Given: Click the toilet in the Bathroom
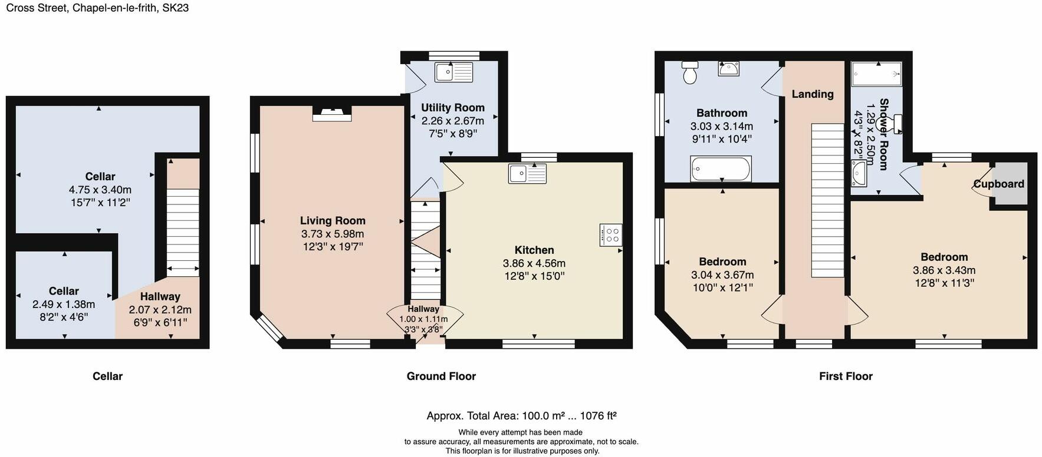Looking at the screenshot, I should point(689,72).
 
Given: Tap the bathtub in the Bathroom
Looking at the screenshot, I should point(721,169).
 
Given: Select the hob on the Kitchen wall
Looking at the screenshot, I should point(611,235).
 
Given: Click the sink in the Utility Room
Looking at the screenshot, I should point(453,72).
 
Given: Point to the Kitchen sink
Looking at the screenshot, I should point(528,174).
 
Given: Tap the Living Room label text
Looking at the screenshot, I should point(333,221).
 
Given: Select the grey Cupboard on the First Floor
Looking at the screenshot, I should point(1011,184).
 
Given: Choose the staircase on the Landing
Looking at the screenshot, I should point(828,200).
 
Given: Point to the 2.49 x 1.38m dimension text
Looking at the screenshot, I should point(64,304).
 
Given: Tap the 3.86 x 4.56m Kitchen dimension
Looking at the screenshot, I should point(534,263).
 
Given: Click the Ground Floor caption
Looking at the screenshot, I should point(441,376).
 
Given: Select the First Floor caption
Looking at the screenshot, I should point(845,376).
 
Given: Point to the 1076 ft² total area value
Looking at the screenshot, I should point(598,416).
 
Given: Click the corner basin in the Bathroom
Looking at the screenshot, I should point(729,68).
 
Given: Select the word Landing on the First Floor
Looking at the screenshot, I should point(812,94).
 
